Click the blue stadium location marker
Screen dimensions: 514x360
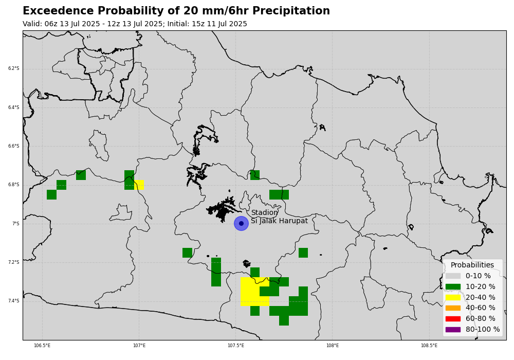point(241,224)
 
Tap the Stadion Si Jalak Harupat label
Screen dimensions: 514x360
point(279,217)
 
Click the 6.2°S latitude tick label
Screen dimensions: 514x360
point(14,68)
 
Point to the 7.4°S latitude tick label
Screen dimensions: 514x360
point(14,301)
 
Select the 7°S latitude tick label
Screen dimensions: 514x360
point(16,224)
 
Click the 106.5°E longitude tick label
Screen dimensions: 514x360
point(42,346)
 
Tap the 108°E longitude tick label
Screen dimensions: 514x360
point(333,346)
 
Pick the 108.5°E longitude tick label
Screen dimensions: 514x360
point(429,346)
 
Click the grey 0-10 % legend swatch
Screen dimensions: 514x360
point(453,276)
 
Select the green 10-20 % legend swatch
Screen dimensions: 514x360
point(453,287)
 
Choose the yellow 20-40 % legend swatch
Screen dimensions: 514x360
point(453,297)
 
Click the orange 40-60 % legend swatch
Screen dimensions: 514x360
point(453,308)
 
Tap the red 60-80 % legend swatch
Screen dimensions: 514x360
point(453,319)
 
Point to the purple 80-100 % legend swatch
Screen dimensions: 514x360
point(453,329)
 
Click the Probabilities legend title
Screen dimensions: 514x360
point(472,265)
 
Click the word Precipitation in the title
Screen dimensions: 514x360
point(291,11)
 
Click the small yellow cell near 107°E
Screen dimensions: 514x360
point(139,185)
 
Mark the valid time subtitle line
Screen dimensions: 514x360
point(135,24)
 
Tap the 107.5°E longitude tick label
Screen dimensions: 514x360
point(236,346)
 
